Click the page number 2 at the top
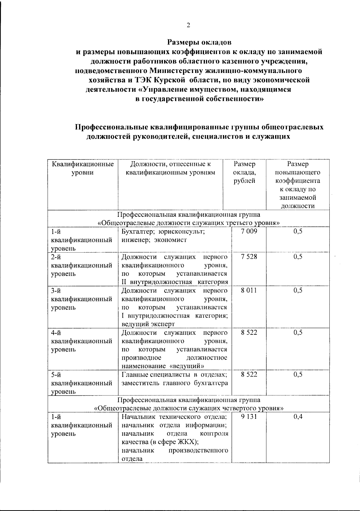pos(188,25)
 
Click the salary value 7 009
pos(249,231)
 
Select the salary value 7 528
pos(249,257)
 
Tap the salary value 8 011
pos(249,290)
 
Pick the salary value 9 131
pos(249,417)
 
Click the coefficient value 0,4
pos(298,417)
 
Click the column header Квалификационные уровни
pos(82,168)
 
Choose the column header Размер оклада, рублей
pos(244,172)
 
